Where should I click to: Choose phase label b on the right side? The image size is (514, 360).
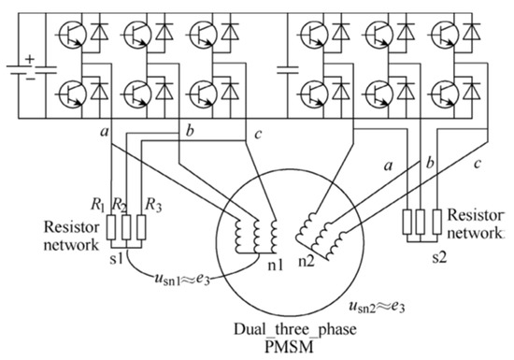click(427, 165)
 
